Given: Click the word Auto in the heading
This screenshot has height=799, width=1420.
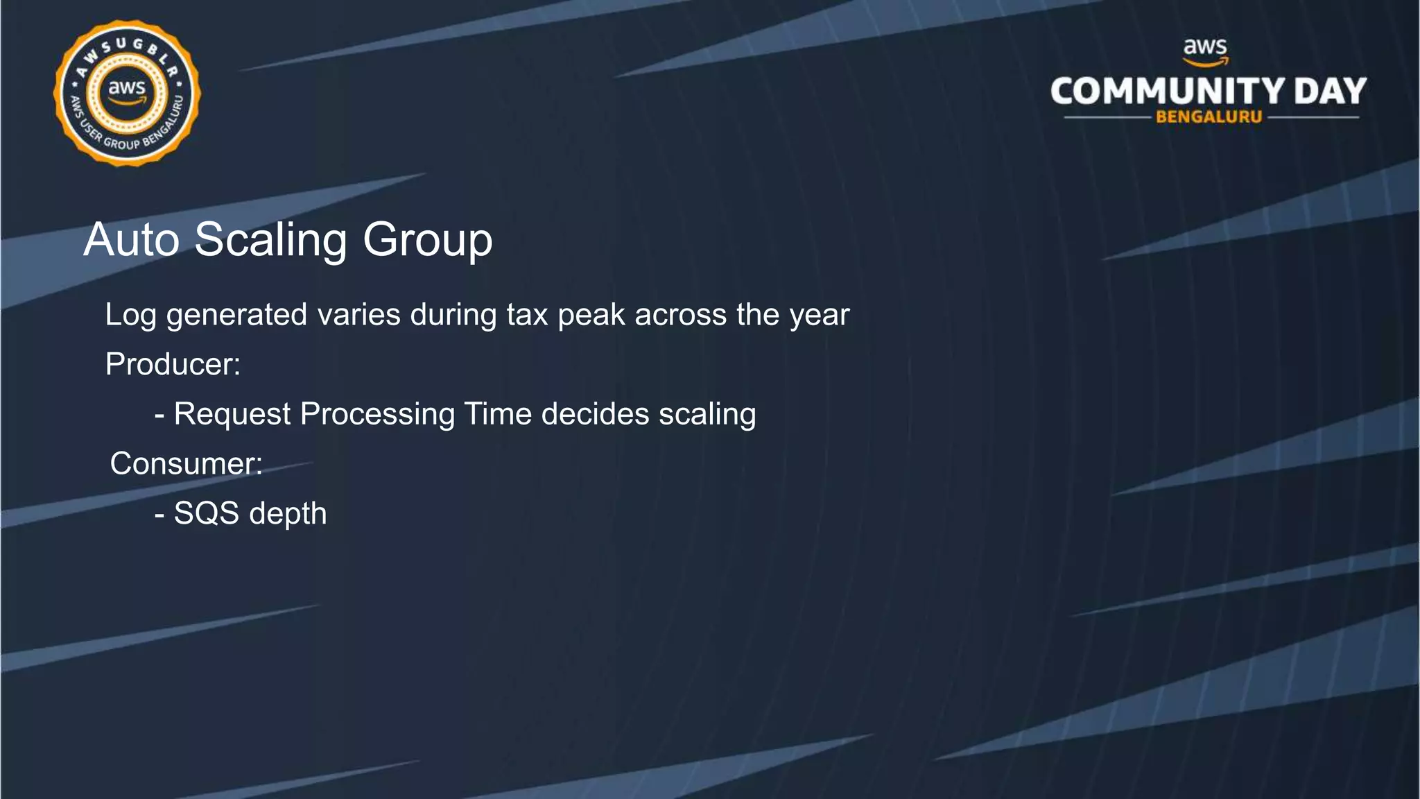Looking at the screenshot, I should (x=132, y=240).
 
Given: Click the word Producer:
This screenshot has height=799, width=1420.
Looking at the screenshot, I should (x=173, y=364).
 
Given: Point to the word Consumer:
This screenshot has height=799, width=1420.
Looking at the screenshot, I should (x=187, y=463).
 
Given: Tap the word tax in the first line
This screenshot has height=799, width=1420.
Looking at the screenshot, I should (x=527, y=315).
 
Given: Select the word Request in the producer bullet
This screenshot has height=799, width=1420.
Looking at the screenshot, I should (x=232, y=415).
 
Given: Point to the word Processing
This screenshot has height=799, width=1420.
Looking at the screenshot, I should (x=377, y=415).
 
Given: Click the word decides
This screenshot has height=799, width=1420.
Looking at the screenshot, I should (x=595, y=414).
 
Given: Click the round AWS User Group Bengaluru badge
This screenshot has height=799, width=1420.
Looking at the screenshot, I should (x=127, y=93).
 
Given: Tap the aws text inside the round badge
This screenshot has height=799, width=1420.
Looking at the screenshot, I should (x=127, y=89).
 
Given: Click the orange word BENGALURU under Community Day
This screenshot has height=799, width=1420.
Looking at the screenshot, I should (x=1209, y=117).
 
